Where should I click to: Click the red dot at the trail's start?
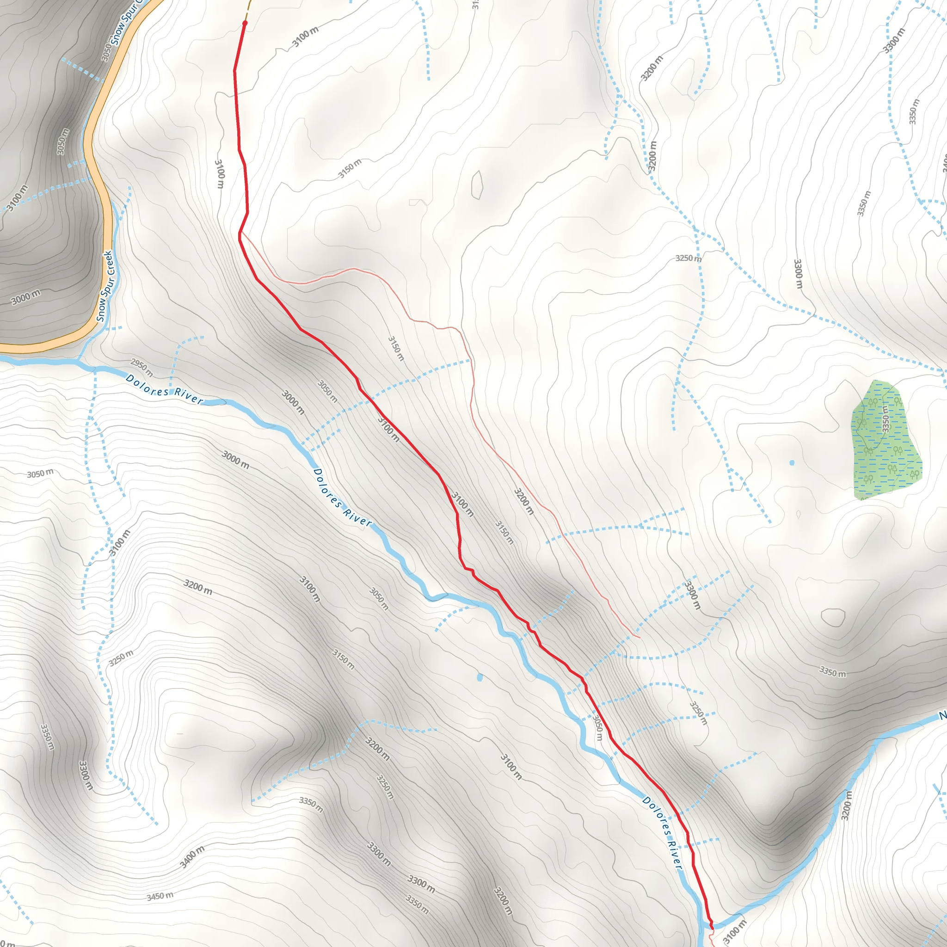coord(245,23)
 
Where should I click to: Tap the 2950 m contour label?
coord(141,367)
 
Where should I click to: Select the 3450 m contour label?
coord(160,896)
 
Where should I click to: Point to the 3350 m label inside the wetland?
coord(885,418)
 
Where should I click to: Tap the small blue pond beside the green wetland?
coord(792,462)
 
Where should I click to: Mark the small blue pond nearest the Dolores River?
coord(480,677)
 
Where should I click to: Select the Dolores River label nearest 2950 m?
coord(164,389)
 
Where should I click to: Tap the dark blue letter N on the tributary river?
coord(942,716)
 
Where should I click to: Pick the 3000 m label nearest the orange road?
coord(25,297)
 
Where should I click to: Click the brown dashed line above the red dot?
coord(248,7)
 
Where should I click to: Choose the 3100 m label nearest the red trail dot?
coord(305,37)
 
